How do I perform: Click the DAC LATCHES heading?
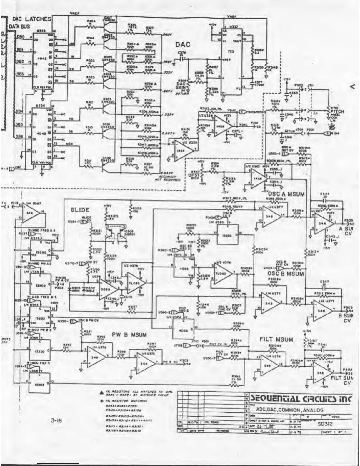coord(31,19)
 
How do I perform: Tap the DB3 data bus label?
coord(20,74)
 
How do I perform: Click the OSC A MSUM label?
coord(286,194)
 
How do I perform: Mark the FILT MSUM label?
coord(276,339)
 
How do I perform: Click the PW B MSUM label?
coord(129,334)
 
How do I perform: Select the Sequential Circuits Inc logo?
coord(301,399)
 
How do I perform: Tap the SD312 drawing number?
coord(325,424)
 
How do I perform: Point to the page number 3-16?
coord(56,421)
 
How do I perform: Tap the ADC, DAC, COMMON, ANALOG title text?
coord(289,410)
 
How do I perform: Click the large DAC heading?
coord(183,45)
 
